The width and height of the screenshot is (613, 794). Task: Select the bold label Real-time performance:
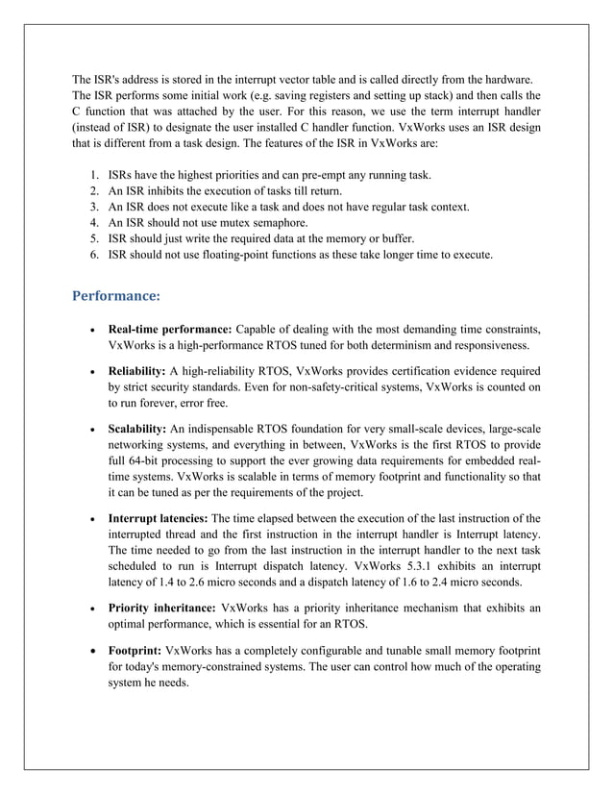170,331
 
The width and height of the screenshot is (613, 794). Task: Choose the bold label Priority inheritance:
162,608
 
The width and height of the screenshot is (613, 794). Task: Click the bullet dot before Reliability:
89,373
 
